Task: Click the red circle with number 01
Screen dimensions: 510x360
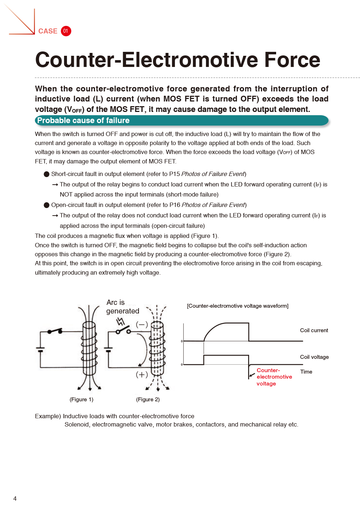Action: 66,31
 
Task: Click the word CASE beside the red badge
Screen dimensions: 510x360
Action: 48,31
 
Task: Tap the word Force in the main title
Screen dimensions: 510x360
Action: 292,60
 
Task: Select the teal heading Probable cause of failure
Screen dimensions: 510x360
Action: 84,121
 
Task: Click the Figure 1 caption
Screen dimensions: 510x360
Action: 81,400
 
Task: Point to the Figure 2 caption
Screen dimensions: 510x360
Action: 148,400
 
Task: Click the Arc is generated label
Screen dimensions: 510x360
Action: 122,307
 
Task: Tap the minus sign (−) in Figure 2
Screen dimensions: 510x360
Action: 142,325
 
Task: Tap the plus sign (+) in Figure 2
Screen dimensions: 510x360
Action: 142,375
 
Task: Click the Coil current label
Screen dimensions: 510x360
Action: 314,330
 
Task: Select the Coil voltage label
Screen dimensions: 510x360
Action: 314,357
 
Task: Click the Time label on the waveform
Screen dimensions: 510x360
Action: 306,372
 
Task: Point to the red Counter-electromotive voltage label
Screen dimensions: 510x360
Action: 274,377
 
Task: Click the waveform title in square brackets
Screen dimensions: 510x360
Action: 238,306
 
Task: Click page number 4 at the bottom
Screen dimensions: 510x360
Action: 15,498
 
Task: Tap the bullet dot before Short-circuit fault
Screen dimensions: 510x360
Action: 46,174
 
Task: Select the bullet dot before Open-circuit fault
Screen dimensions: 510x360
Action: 46,205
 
